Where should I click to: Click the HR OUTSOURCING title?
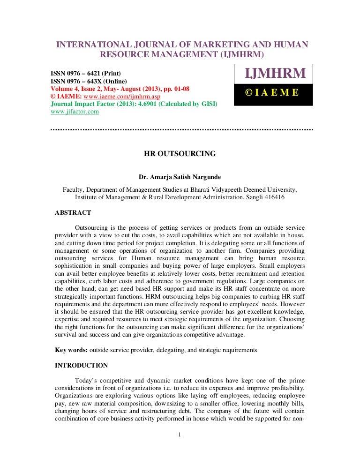coord(179,153)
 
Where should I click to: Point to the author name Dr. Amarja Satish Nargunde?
coord(179,178)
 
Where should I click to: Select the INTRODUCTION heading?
coord(81,366)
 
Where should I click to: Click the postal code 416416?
coord(275,197)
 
